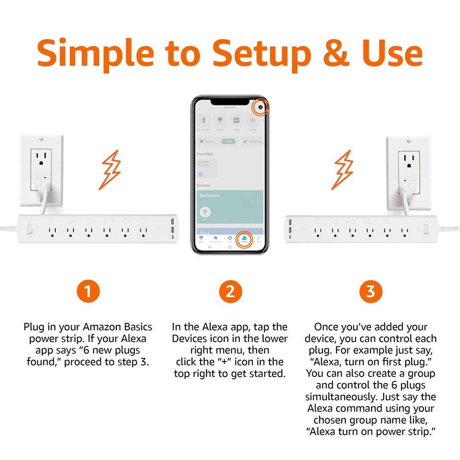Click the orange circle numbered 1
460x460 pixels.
(x=88, y=292)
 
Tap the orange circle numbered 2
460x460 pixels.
(x=230, y=292)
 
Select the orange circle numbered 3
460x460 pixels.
(x=371, y=292)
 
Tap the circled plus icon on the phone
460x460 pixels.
(x=261, y=107)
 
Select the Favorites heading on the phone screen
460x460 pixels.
(x=205, y=154)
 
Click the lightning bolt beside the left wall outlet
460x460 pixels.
(x=111, y=170)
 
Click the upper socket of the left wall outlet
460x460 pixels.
(x=41, y=158)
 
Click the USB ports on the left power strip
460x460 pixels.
(x=172, y=228)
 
